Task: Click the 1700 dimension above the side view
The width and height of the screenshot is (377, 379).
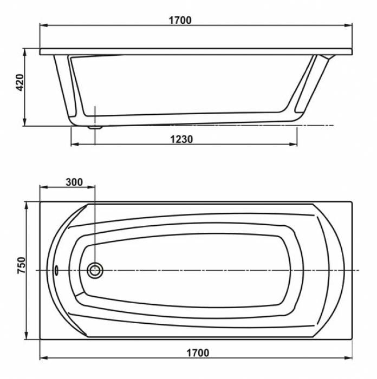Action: point(180,21)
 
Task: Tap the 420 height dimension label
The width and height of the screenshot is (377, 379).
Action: point(20,82)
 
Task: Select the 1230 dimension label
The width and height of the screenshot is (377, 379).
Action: point(181,139)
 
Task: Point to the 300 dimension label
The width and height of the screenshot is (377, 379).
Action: point(74,182)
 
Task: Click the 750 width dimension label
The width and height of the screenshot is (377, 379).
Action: point(21,265)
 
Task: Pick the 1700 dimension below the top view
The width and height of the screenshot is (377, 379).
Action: point(198,353)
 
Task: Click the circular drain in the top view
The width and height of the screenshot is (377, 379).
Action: point(95,270)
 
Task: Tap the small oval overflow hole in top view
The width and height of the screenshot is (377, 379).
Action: point(56,270)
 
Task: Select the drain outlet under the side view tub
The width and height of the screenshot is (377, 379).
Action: point(95,127)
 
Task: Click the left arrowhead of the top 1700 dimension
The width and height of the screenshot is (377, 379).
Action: point(43,25)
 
